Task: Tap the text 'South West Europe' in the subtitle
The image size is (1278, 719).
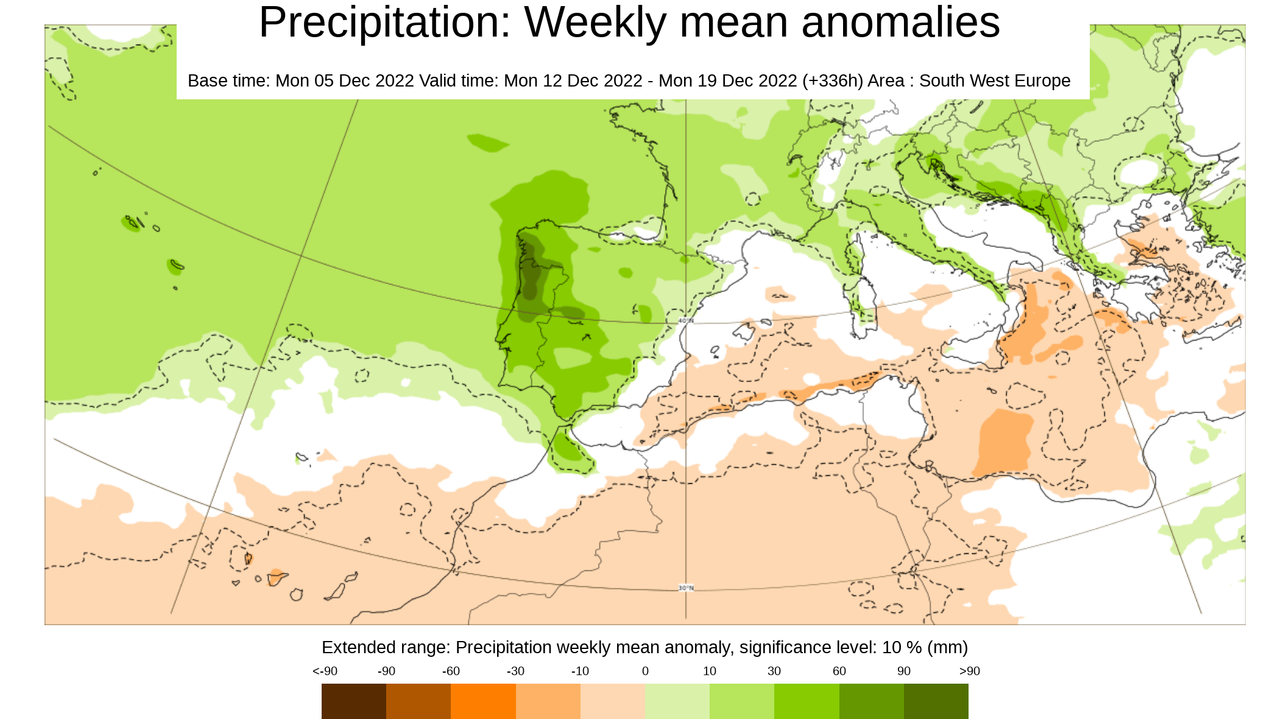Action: (x=994, y=80)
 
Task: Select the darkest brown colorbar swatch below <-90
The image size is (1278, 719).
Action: (x=353, y=701)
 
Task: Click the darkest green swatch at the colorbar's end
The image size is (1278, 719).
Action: (x=936, y=701)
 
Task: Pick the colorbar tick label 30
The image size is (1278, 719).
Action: (x=774, y=671)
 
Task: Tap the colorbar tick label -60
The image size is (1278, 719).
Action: (x=451, y=671)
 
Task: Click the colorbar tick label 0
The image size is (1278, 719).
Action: (x=645, y=671)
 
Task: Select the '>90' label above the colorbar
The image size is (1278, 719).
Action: (x=969, y=671)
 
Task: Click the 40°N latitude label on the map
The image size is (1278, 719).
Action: (x=686, y=321)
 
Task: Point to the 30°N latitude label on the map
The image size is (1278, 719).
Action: (x=686, y=588)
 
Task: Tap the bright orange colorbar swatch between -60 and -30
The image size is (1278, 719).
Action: (x=483, y=701)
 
